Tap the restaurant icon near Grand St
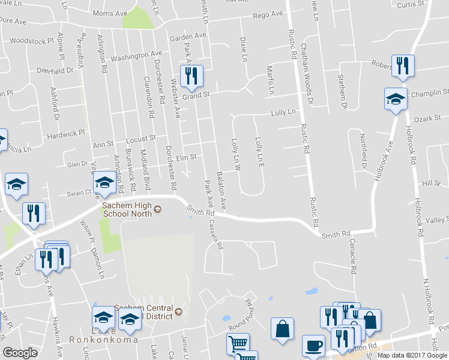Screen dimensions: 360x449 192,76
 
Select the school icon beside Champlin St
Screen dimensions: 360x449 396,100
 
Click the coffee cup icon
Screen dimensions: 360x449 314,346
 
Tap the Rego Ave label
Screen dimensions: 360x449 268,14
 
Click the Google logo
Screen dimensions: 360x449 20,353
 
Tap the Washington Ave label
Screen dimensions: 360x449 136,56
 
